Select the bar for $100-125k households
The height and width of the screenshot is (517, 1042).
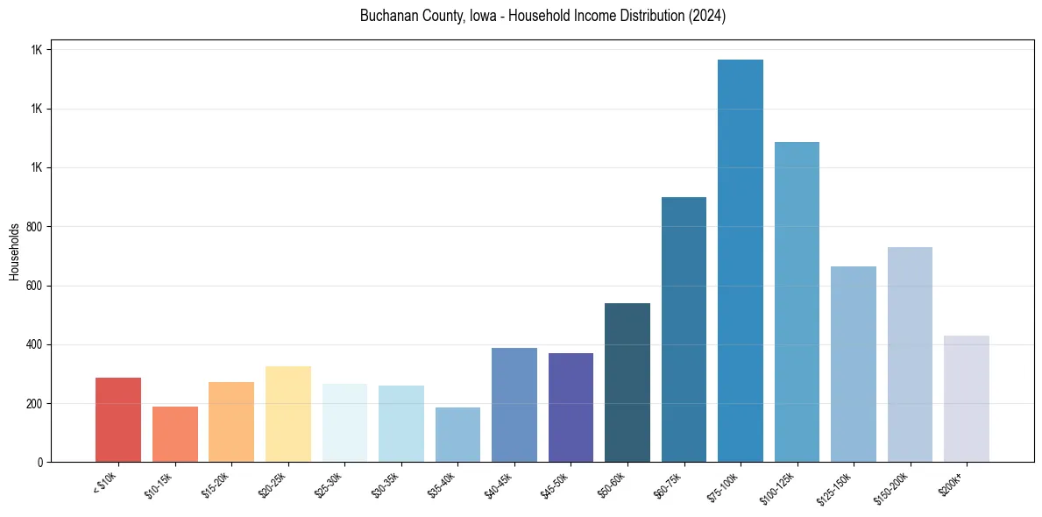pyautogui.click(x=797, y=301)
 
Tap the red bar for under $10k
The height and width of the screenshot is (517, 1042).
pyautogui.click(x=118, y=420)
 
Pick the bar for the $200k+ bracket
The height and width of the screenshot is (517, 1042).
pyautogui.click(x=967, y=399)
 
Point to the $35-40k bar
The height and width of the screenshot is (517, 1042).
pyautogui.click(x=457, y=435)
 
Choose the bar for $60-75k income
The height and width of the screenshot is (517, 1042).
pyautogui.click(x=684, y=329)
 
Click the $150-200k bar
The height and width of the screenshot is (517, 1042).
pyautogui.click(x=910, y=354)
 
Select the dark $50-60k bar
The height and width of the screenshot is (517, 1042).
pyautogui.click(x=627, y=382)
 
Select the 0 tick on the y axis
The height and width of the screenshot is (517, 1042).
pyautogui.click(x=40, y=462)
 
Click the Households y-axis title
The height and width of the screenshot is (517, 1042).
pyautogui.click(x=14, y=251)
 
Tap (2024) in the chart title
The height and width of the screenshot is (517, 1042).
pyautogui.click(x=706, y=17)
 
